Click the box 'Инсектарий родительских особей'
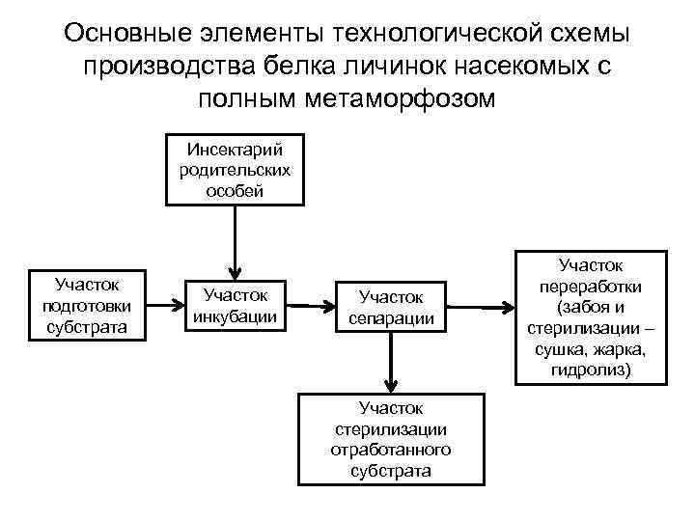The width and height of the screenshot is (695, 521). pos(235,170)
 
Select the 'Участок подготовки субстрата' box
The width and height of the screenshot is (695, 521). pos(87,305)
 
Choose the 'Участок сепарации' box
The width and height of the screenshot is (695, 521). pos(391,306)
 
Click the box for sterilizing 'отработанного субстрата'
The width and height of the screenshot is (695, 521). pos(390,440)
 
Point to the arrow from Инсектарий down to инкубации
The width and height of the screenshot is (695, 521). pos(235,239)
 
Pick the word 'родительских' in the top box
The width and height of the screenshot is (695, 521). pos(235,170)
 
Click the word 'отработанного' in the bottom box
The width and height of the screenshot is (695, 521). pos(390,450)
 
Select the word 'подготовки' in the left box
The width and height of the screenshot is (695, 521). pos(87,305)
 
